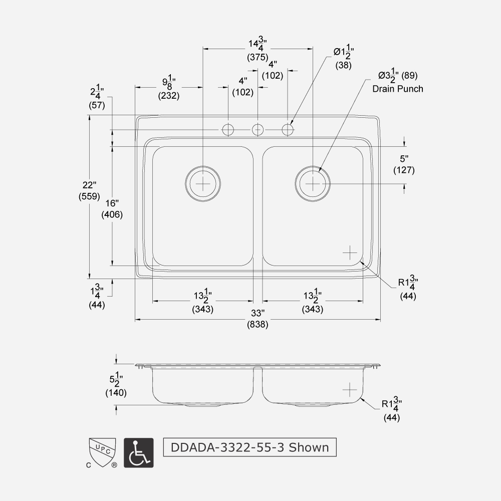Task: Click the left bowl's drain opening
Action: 202,183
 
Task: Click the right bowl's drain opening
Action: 312,183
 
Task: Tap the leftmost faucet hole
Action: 228,130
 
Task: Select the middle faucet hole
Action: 258,130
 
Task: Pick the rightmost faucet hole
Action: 288,130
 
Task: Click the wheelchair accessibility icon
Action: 138,453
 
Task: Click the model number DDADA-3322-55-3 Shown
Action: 249,447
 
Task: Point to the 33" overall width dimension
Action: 258,313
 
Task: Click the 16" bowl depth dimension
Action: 112,203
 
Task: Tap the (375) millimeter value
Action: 258,57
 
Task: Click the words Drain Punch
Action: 397,89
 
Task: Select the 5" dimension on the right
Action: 404,159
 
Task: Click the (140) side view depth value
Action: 116,393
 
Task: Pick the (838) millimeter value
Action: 258,324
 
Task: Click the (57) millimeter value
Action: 97,105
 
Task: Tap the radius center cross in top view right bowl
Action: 350,253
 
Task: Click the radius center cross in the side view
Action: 350,389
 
